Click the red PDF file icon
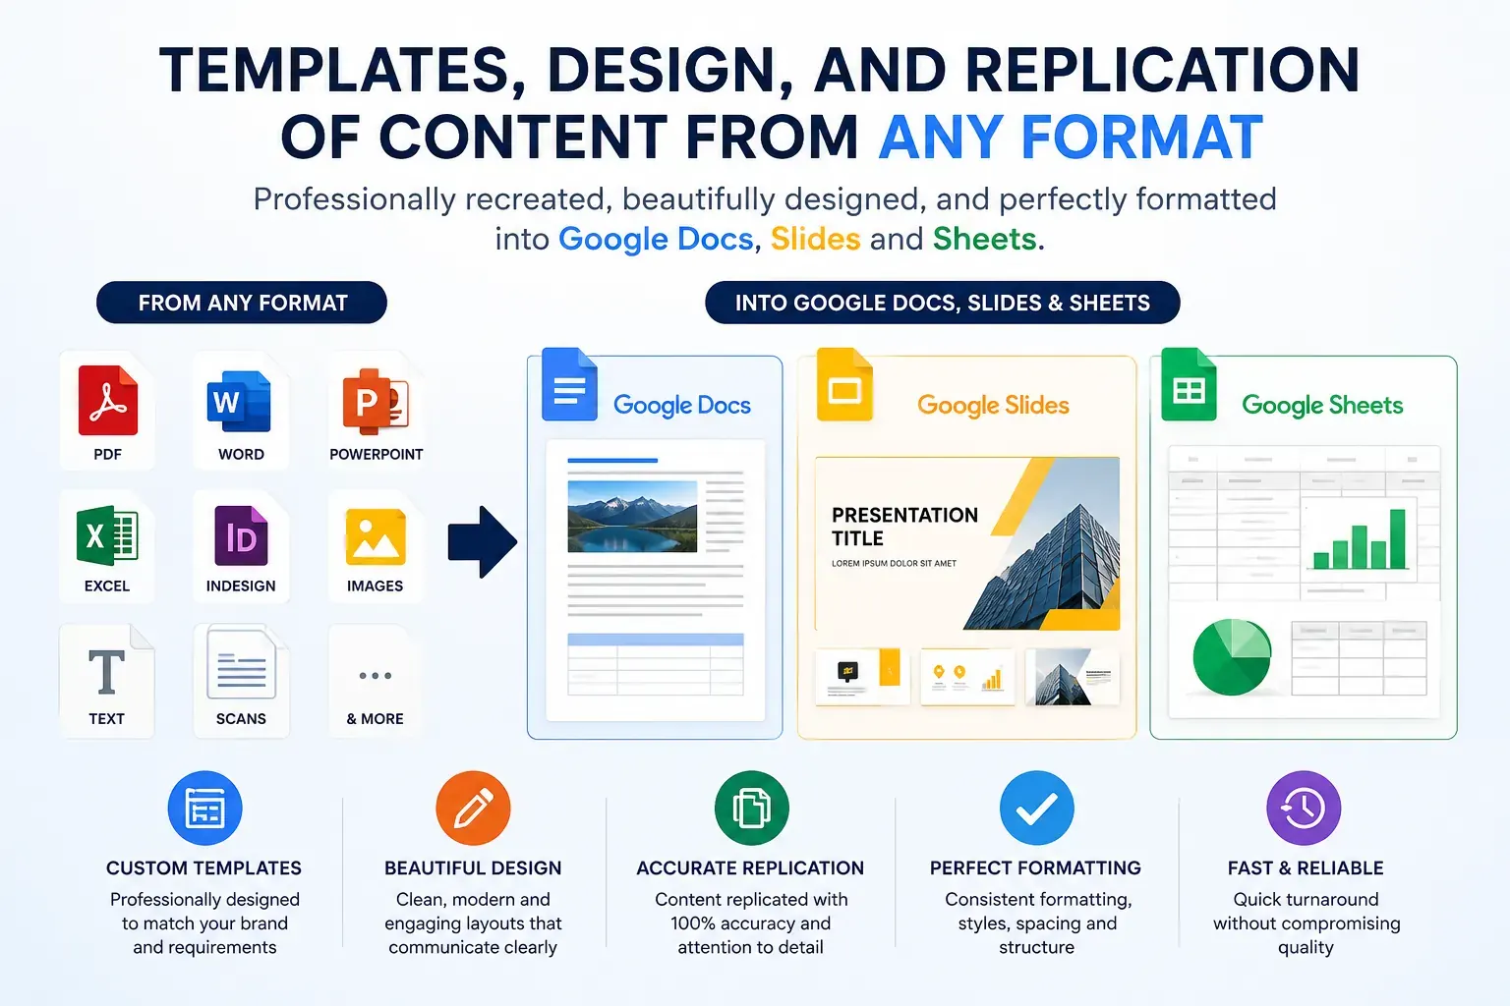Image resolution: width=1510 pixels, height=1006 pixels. [108, 400]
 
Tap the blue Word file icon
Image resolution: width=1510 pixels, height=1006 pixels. [239, 401]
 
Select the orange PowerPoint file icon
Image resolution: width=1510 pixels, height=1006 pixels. [376, 401]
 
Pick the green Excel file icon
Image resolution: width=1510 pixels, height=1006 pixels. [107, 535]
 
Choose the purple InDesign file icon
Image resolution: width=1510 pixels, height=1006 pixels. [241, 535]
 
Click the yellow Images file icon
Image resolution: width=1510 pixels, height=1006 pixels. [376, 537]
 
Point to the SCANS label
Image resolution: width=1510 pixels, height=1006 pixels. [241, 719]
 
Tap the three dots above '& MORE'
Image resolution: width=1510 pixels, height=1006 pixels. [376, 675]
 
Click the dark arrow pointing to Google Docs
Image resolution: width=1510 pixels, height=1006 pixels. [483, 541]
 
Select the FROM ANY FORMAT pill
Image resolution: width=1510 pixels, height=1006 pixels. [241, 303]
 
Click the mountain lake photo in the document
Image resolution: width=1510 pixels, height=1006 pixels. [632, 516]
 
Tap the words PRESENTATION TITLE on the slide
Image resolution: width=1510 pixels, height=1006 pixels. [904, 527]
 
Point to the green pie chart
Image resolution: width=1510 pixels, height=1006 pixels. [1232, 657]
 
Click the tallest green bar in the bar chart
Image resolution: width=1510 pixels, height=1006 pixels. [1397, 539]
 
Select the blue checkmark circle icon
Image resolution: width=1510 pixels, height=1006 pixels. [1037, 808]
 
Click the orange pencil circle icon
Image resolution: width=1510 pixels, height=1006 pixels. [473, 808]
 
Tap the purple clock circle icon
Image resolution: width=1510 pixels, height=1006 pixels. [1304, 808]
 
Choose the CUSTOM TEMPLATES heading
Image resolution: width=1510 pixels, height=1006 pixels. [203, 867]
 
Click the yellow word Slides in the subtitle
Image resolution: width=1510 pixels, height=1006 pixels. [816, 239]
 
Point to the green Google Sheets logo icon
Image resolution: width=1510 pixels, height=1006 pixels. [1190, 384]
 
